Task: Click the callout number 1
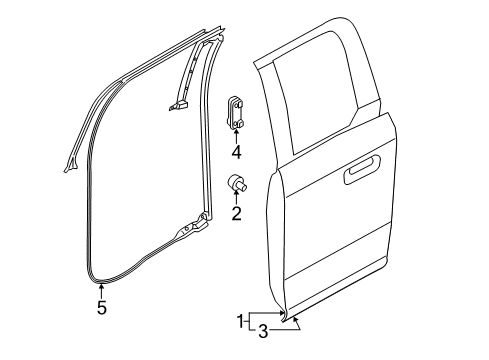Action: [x=239, y=321]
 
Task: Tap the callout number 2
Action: [x=236, y=213]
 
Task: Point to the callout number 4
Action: [x=236, y=153]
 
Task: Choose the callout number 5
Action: [x=101, y=308]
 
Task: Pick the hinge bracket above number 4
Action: [x=238, y=110]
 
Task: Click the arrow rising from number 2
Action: [x=236, y=198]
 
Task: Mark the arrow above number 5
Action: [x=101, y=292]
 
